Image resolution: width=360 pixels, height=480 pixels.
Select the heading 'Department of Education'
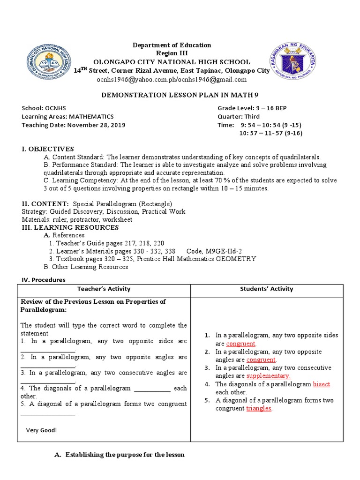pos(172,45)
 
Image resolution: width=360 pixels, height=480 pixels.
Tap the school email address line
pos(172,80)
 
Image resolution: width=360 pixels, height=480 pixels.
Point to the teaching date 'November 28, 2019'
pos(96,125)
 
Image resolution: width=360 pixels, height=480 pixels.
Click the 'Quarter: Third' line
pos(238,117)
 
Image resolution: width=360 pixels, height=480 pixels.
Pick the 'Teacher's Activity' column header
pos(104,289)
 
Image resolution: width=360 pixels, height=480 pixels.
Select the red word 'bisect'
pos(322,384)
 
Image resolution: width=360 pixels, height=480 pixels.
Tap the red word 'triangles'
pos(259,408)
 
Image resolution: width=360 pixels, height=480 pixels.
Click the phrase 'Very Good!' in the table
pos(41,430)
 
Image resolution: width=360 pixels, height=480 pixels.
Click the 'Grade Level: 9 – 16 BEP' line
pos(252,108)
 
